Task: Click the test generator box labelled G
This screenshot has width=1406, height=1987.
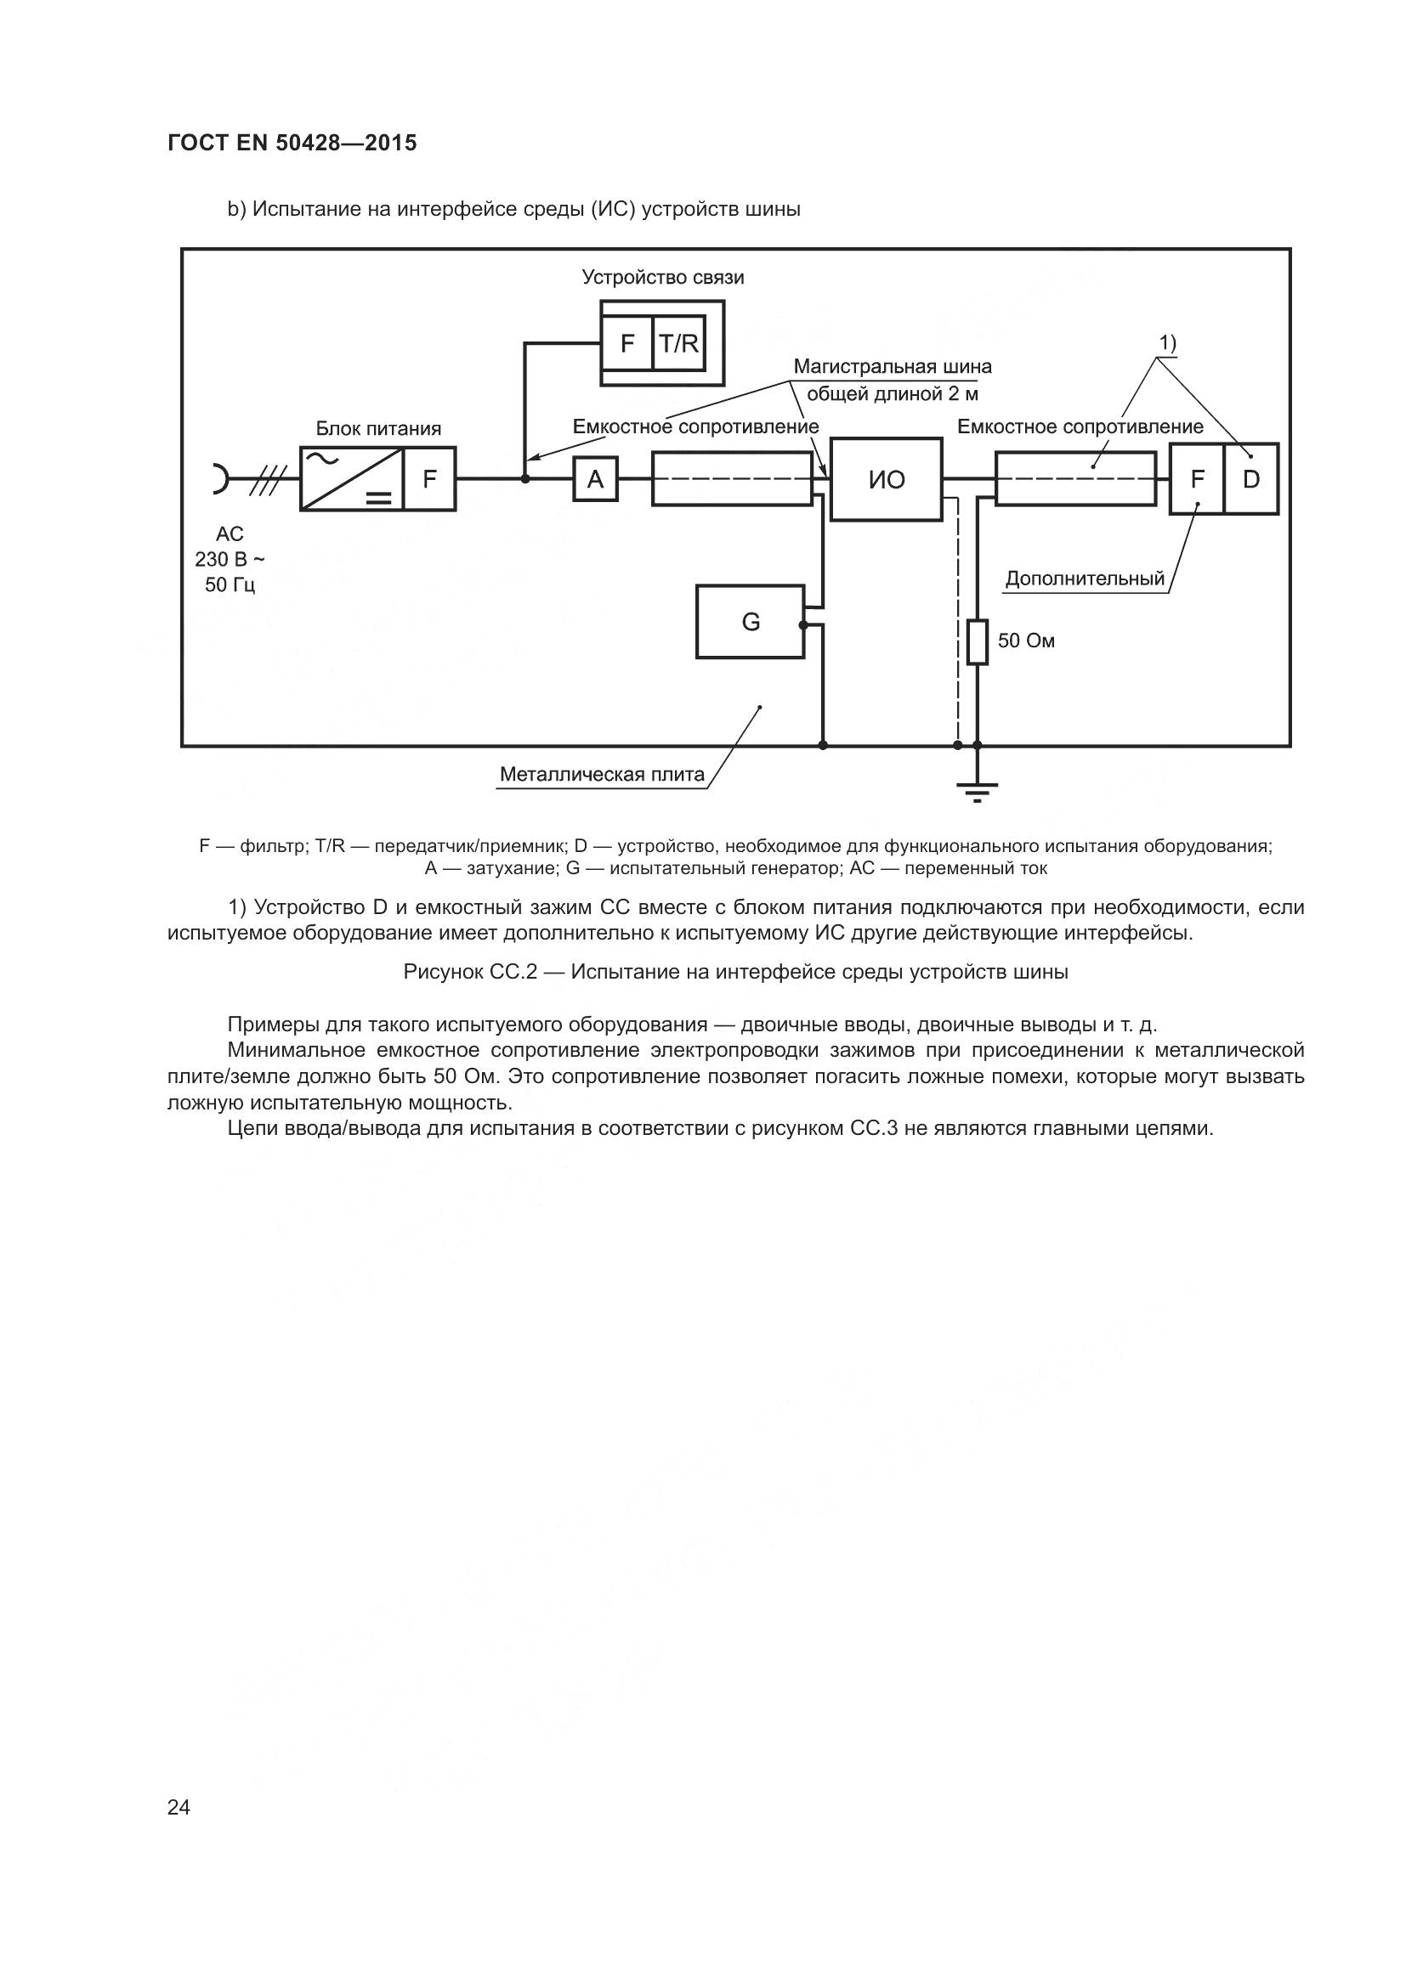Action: (x=750, y=621)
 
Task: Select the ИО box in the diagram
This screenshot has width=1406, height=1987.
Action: (x=886, y=479)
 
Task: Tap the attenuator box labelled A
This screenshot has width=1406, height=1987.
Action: (x=596, y=478)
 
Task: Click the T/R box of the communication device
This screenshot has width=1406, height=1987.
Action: (x=678, y=344)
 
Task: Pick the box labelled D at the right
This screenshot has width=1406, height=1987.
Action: (x=1251, y=478)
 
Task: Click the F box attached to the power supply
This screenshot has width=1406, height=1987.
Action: (x=429, y=478)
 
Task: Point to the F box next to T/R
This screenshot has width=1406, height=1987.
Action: (x=627, y=344)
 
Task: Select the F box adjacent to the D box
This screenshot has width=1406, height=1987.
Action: (x=1198, y=478)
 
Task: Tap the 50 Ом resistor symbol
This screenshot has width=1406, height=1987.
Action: (x=978, y=641)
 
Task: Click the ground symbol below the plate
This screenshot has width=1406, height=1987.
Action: (x=978, y=789)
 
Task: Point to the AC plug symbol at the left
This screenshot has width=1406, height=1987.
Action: (x=221, y=478)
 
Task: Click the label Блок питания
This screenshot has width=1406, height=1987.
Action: (x=378, y=428)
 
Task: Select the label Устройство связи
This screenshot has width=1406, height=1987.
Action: (x=662, y=277)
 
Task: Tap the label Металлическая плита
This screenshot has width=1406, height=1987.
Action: (x=602, y=775)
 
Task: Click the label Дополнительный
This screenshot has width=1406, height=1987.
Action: (x=1084, y=579)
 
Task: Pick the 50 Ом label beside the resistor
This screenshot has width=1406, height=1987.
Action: (x=1026, y=641)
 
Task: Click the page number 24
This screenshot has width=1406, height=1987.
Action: (x=179, y=1806)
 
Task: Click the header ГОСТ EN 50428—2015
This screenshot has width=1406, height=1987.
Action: (x=292, y=143)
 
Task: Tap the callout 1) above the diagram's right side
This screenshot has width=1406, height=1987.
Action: (x=1168, y=342)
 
